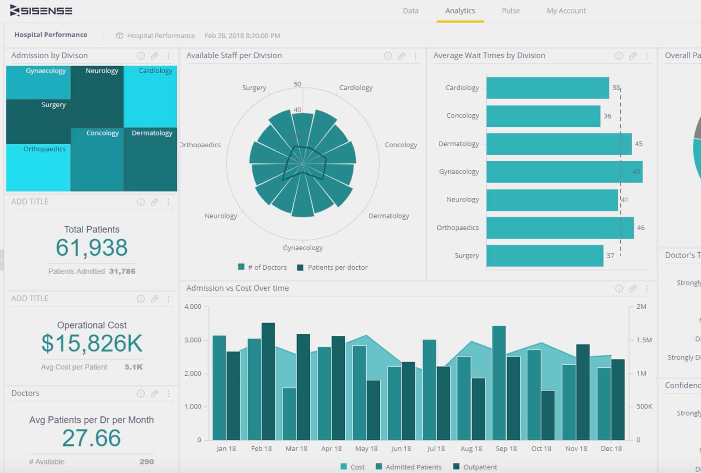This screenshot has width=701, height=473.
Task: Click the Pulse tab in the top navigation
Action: tap(510, 11)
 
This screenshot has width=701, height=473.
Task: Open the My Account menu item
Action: tap(566, 11)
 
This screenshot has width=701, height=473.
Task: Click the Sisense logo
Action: tap(41, 11)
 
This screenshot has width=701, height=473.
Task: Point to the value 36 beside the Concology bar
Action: tap(607, 116)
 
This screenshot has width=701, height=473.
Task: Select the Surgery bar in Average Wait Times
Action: tap(544, 256)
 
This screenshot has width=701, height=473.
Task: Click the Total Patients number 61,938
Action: tap(92, 247)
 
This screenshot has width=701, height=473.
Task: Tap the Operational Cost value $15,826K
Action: tap(92, 343)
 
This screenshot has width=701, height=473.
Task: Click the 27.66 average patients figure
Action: tap(91, 438)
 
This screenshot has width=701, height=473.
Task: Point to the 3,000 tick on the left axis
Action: tap(193, 340)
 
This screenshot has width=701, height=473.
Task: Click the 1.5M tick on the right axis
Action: tap(644, 340)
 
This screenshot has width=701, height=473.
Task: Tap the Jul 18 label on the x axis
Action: tap(436, 448)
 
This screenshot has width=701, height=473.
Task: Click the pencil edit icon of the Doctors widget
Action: tap(154, 394)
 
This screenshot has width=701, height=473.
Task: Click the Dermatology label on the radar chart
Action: tap(389, 216)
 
